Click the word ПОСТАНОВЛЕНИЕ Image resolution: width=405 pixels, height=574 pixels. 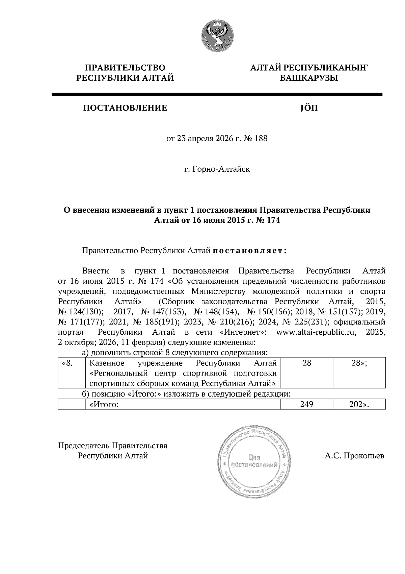pyautogui.click(x=125, y=108)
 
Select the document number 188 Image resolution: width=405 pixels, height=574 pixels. pyautogui.click(x=260, y=138)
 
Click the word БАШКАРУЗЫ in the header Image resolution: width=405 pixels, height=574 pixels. pyautogui.click(x=308, y=78)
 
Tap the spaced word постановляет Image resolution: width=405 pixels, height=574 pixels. pyautogui.click(x=249, y=251)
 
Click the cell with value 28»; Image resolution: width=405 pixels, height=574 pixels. pyautogui.click(x=359, y=363)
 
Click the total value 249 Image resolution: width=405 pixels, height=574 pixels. pyautogui.click(x=306, y=404)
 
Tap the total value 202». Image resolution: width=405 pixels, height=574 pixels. pyautogui.click(x=359, y=404)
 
